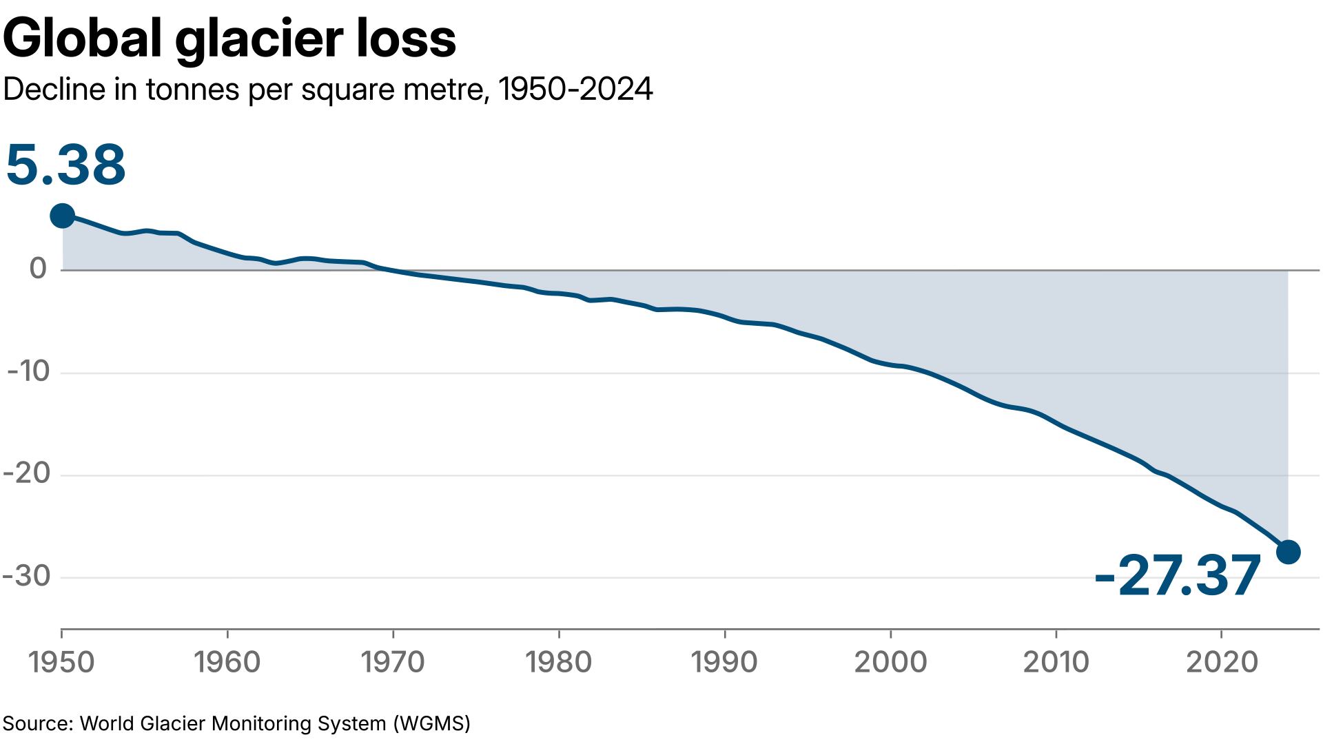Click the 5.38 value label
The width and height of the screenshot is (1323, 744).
65,165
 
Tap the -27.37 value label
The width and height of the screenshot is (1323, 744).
1177,576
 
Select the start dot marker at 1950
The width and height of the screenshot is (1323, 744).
62,216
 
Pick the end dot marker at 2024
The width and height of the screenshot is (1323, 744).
1288,552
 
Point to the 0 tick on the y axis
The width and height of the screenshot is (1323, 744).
38,268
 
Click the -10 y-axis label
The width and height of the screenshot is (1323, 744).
29,371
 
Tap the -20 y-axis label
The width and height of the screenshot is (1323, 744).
28,473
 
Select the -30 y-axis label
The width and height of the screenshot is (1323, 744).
28,576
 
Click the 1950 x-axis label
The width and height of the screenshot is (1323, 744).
61,662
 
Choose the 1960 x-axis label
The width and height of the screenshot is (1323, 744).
227,662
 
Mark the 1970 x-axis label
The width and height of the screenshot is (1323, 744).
393,662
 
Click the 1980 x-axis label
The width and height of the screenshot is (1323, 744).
558,662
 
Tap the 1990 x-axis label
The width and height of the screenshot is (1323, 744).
724,662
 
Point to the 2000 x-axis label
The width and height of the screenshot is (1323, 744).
890,662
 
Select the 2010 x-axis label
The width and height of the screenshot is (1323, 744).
1056,662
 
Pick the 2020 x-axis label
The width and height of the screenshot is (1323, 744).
1222,662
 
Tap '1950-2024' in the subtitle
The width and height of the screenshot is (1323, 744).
575,90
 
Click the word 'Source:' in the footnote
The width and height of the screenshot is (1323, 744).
38,723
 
